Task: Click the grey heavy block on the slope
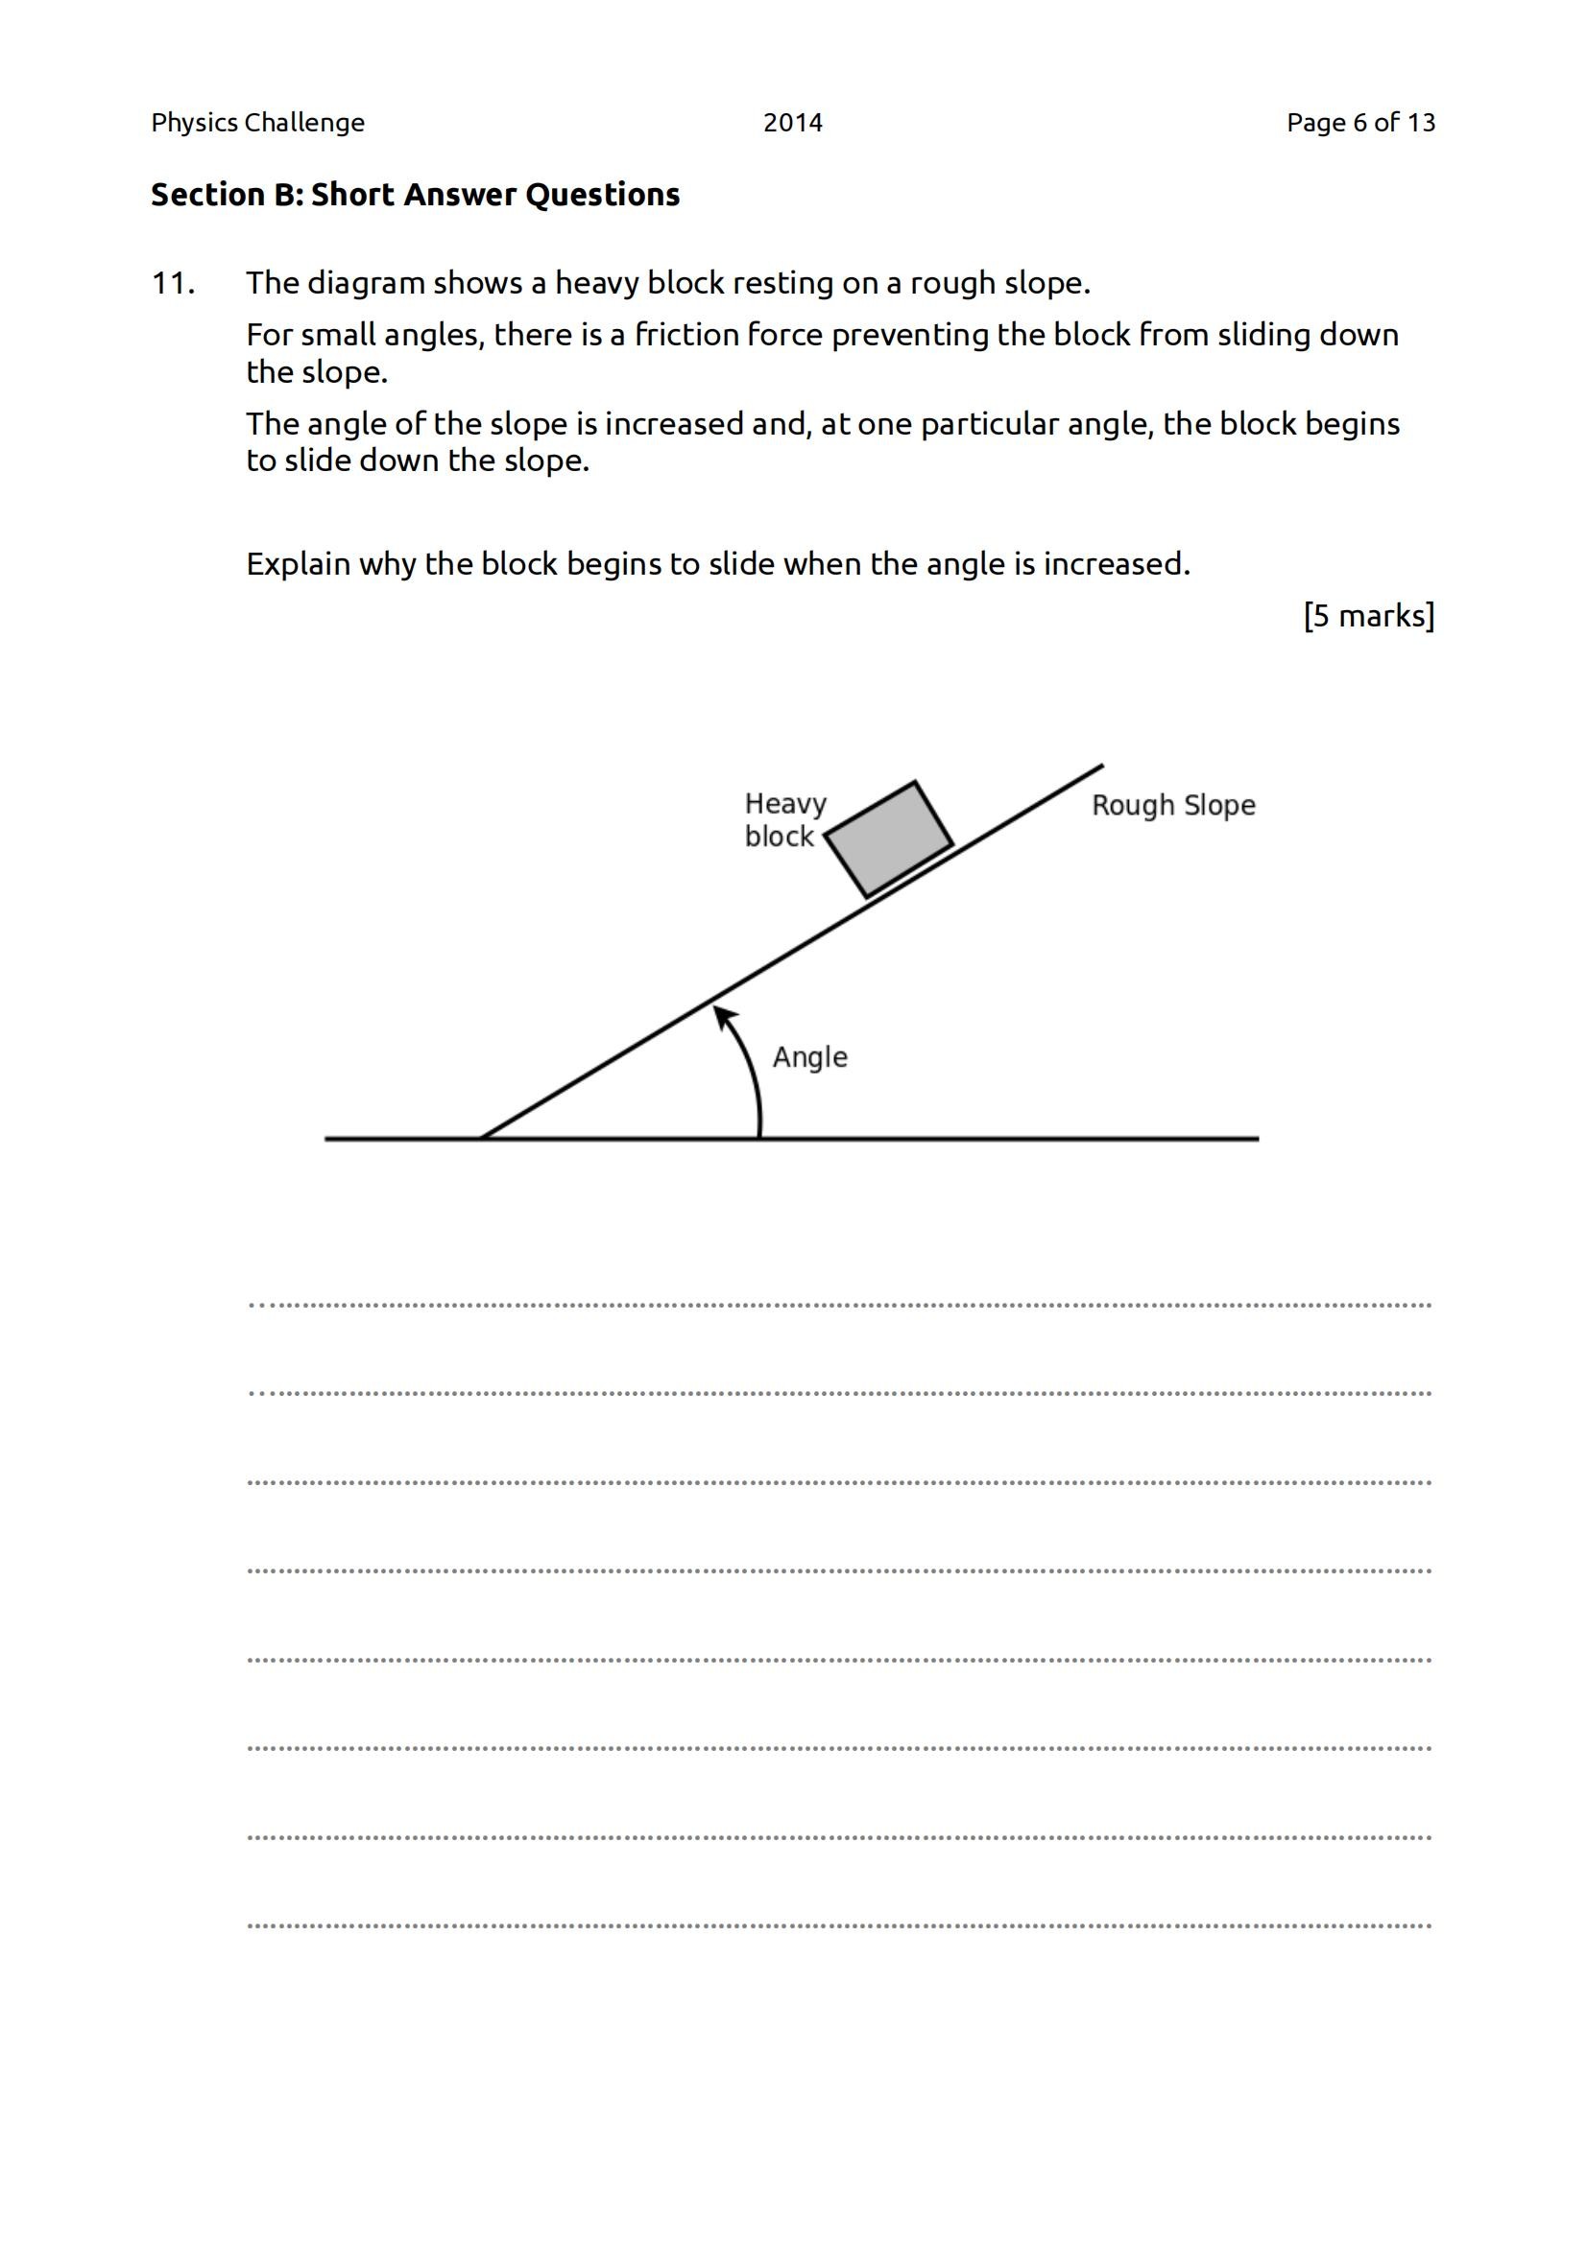point(889,839)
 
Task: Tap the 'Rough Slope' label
point(1172,805)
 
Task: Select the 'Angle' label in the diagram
point(809,1057)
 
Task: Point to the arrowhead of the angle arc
point(722,1015)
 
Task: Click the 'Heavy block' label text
point(784,820)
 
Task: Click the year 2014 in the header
point(792,123)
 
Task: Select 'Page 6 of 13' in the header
point(1360,123)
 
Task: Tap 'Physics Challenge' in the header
point(257,123)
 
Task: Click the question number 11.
point(173,283)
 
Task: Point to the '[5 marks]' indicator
point(1368,616)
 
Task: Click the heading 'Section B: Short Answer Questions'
point(415,195)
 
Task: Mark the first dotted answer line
point(839,1305)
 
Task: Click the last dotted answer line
point(839,1926)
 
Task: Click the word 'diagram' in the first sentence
point(366,283)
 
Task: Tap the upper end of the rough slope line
point(1101,768)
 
